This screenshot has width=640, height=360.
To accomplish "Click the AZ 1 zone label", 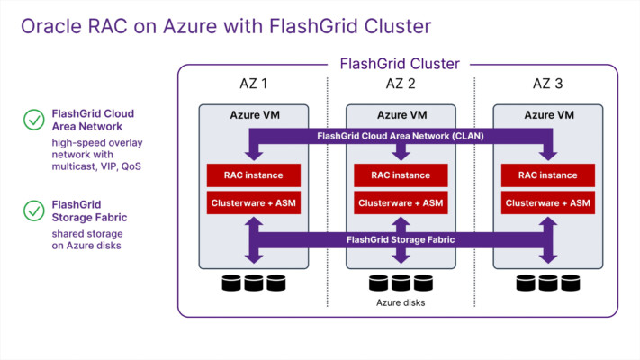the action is tap(254, 84).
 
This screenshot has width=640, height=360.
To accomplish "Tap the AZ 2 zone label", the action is tap(401, 84).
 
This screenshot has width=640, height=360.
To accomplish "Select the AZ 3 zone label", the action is tap(548, 84).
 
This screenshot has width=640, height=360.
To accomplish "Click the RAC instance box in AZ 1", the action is tap(254, 175).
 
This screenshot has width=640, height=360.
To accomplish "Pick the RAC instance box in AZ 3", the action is tap(548, 175).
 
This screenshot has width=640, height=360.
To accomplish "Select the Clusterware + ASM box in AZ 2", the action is tap(401, 202).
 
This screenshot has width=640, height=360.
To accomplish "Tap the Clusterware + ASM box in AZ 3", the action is tap(548, 202).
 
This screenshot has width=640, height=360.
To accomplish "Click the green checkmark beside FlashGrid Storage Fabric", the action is tap(34, 211).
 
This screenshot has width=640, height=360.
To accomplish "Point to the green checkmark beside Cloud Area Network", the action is tap(34, 120).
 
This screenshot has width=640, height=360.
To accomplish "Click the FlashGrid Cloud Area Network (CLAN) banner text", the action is tap(401, 136).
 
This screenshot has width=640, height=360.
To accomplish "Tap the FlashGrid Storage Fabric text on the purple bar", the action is tap(401, 239).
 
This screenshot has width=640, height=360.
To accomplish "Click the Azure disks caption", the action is tap(401, 302).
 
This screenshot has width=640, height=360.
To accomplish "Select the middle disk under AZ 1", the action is tap(254, 283).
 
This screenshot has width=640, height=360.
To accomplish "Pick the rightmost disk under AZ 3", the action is tap(570, 283).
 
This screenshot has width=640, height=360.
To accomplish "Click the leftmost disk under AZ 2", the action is tap(378, 283).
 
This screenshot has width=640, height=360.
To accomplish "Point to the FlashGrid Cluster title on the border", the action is tap(400, 64).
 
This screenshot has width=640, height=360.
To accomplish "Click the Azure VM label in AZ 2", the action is tap(402, 115).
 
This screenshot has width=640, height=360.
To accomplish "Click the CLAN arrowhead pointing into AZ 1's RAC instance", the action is tap(254, 156).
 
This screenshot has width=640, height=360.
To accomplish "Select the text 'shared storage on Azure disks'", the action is tap(87, 239).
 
